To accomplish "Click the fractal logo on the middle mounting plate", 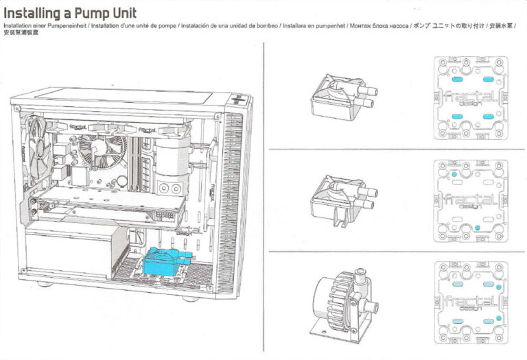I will point(470,201).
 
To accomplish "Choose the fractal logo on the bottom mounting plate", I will point(470,301).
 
